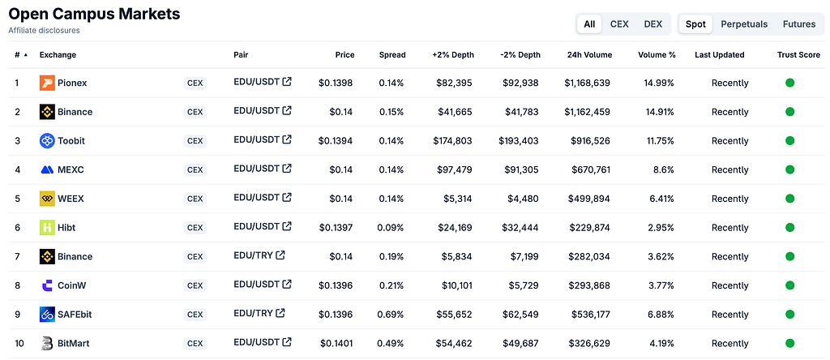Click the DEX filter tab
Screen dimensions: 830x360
tap(652, 24)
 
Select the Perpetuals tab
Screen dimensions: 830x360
tap(744, 24)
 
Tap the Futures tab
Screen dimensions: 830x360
tap(798, 24)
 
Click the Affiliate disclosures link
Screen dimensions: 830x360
tap(44, 31)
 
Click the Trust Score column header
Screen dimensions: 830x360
tap(798, 54)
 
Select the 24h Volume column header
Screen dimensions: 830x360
tap(589, 54)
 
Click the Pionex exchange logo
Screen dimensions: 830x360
tap(47, 84)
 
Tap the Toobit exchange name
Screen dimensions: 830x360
tap(71, 141)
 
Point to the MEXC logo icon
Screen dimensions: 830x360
tap(47, 170)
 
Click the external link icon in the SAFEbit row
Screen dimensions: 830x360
tap(280, 313)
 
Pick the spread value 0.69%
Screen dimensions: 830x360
tap(391, 315)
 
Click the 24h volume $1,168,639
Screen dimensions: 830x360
tap(587, 84)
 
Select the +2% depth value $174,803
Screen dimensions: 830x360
tap(452, 141)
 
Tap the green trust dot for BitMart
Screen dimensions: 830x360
tap(789, 342)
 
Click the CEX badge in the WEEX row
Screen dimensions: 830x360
tap(195, 199)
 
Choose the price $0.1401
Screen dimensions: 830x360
tap(336, 343)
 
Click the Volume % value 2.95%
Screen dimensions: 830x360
tap(661, 228)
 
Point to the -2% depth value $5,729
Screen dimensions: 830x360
tap(523, 285)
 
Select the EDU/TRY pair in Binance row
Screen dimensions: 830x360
tap(253, 255)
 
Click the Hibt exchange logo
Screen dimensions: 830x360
tap(47, 228)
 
